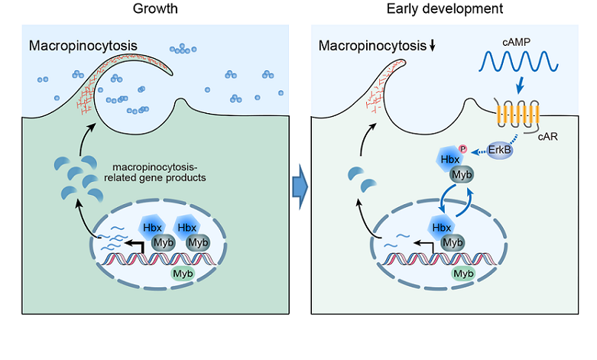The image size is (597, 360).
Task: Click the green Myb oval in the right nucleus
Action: coord(462,272)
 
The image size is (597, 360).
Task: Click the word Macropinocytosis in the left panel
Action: coord(83,45)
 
